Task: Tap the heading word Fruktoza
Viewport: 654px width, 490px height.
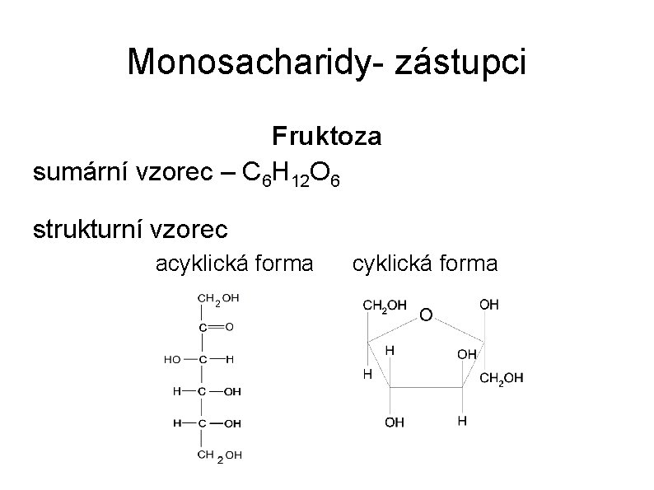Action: click(x=327, y=136)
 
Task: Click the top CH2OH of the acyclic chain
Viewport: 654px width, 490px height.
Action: click(x=217, y=299)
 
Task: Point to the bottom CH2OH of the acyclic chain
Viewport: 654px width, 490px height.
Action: click(x=219, y=455)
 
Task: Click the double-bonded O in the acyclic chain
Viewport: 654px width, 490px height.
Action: click(x=229, y=326)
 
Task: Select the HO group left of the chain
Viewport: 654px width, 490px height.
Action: click(x=172, y=359)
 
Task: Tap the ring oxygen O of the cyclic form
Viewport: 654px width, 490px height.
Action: click(x=425, y=315)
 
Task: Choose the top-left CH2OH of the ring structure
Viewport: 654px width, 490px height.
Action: click(x=385, y=305)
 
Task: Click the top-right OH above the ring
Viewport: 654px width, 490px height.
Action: click(x=488, y=305)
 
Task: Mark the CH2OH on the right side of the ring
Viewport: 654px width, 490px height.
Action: click(x=501, y=378)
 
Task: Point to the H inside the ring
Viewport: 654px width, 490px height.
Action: click(x=390, y=350)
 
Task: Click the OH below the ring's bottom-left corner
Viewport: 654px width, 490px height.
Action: click(x=395, y=422)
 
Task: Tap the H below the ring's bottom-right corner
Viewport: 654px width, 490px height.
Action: click(x=462, y=421)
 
